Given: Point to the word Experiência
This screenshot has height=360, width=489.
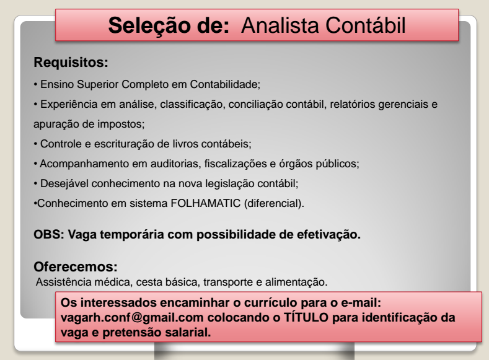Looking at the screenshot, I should point(65,105).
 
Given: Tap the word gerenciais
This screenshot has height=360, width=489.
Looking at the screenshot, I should point(403,105).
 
